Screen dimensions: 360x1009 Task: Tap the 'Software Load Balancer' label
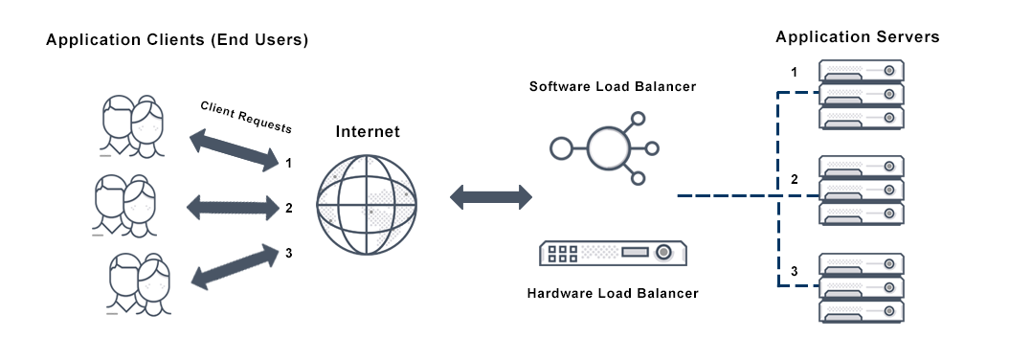coord(613,86)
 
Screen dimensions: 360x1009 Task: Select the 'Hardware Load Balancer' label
coord(613,292)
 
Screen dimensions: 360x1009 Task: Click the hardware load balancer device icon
coord(614,253)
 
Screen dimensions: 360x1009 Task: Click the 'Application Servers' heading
coord(858,37)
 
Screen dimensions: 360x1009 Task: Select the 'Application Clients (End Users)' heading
coord(177,41)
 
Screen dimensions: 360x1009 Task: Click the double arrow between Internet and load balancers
coord(491,197)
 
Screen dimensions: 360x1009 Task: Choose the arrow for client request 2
coord(232,206)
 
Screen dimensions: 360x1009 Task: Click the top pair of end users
coord(133,124)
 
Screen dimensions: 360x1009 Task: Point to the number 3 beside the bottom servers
coord(794,275)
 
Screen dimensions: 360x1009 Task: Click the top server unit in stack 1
coord(862,72)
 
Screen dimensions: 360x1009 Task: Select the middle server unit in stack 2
coord(862,190)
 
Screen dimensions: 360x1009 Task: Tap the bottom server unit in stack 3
coord(862,311)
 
